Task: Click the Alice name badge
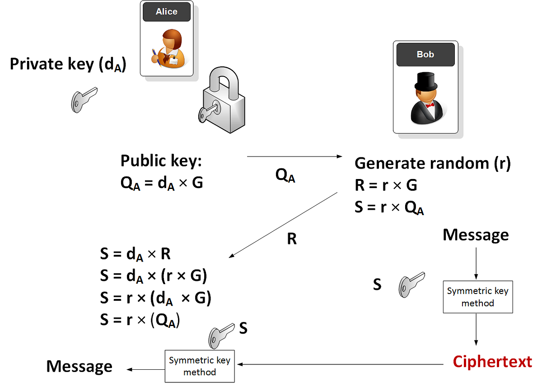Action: (x=166, y=12)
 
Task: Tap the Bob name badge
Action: (x=425, y=55)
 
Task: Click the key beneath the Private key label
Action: (x=84, y=99)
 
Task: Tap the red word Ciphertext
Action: (x=492, y=362)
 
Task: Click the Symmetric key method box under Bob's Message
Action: (x=478, y=297)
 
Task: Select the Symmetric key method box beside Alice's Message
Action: (x=200, y=366)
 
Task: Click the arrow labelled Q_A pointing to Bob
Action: (x=294, y=156)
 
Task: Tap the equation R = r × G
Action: (x=386, y=185)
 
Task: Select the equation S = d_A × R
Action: (x=135, y=254)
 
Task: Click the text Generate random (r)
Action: (x=432, y=163)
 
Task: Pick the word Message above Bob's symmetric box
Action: (x=476, y=235)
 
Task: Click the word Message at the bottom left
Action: (x=79, y=366)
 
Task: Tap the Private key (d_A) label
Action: (x=68, y=64)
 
